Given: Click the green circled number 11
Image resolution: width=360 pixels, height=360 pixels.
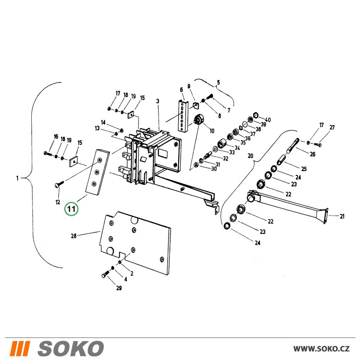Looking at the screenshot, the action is [71, 209].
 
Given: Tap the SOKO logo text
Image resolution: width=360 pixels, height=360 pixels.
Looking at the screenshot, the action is [71, 348].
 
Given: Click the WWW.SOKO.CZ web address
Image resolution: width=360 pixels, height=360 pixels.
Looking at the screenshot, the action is [321, 349].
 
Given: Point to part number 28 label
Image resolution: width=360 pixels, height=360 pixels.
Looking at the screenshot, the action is [74, 236].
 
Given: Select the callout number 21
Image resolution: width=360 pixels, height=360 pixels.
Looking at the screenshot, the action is [342, 216].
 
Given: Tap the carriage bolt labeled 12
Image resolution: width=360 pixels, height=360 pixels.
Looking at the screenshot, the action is [59, 184].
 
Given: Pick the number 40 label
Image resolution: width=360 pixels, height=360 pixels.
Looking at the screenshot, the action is [268, 120].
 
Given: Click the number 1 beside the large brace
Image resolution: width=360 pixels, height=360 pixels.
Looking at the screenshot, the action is [17, 178].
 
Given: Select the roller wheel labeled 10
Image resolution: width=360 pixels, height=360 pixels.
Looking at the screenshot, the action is [199, 120].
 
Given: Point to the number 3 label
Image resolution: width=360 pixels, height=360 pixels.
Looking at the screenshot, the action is [158, 101].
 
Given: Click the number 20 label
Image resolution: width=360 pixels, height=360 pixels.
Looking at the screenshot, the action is [250, 156].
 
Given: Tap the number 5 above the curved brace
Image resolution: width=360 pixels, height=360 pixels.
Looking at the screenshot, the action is [219, 82].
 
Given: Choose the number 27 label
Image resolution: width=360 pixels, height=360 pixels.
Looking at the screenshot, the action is [332, 127].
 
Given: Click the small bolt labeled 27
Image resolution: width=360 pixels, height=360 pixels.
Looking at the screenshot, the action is [318, 145].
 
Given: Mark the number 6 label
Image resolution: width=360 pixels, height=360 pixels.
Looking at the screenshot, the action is [181, 90].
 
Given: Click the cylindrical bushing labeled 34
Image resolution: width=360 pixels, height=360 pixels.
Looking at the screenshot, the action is [222, 144].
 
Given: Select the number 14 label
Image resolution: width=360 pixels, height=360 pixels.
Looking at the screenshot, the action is [103, 122].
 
